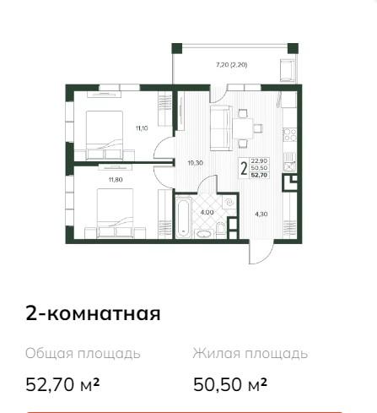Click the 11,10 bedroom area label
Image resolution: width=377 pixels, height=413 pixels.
coord(142,128)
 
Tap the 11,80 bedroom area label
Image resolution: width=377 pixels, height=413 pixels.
coord(116,180)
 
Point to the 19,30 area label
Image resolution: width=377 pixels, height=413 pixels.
coord(196,163)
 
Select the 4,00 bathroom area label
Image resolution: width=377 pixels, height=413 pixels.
coord(207,213)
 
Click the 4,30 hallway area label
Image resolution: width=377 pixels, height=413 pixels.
coord(261,215)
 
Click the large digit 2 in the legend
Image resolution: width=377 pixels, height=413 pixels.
coord(244,169)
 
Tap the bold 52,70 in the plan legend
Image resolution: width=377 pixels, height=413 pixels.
coord(259,175)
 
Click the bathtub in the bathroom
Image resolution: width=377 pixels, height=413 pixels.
coord(184,217)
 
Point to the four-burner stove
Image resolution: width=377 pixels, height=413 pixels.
coord(289,134)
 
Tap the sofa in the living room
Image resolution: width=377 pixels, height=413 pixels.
coord(221,128)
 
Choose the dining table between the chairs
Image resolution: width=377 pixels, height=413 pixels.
coord(244,128)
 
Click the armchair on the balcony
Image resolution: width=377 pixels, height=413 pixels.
coord(288,70)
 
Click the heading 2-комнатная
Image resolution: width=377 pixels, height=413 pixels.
coord(93,313)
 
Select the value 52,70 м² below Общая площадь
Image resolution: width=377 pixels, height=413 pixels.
coord(62,384)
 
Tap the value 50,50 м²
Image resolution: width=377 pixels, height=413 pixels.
coord(230,384)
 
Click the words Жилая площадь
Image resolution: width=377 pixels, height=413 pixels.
coord(250,354)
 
